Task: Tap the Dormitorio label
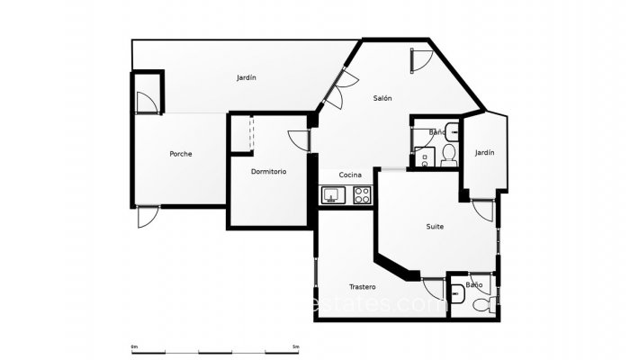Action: (x=268, y=171)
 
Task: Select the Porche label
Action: (x=181, y=153)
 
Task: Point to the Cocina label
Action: (x=350, y=175)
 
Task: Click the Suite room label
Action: (x=435, y=226)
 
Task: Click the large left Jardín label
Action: (x=247, y=77)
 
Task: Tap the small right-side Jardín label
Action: (x=484, y=153)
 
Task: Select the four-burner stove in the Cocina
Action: (x=362, y=193)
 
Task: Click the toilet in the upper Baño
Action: (x=447, y=157)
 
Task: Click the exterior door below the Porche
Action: (x=146, y=216)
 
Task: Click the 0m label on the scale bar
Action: (x=135, y=346)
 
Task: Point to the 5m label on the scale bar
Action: (x=295, y=346)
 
